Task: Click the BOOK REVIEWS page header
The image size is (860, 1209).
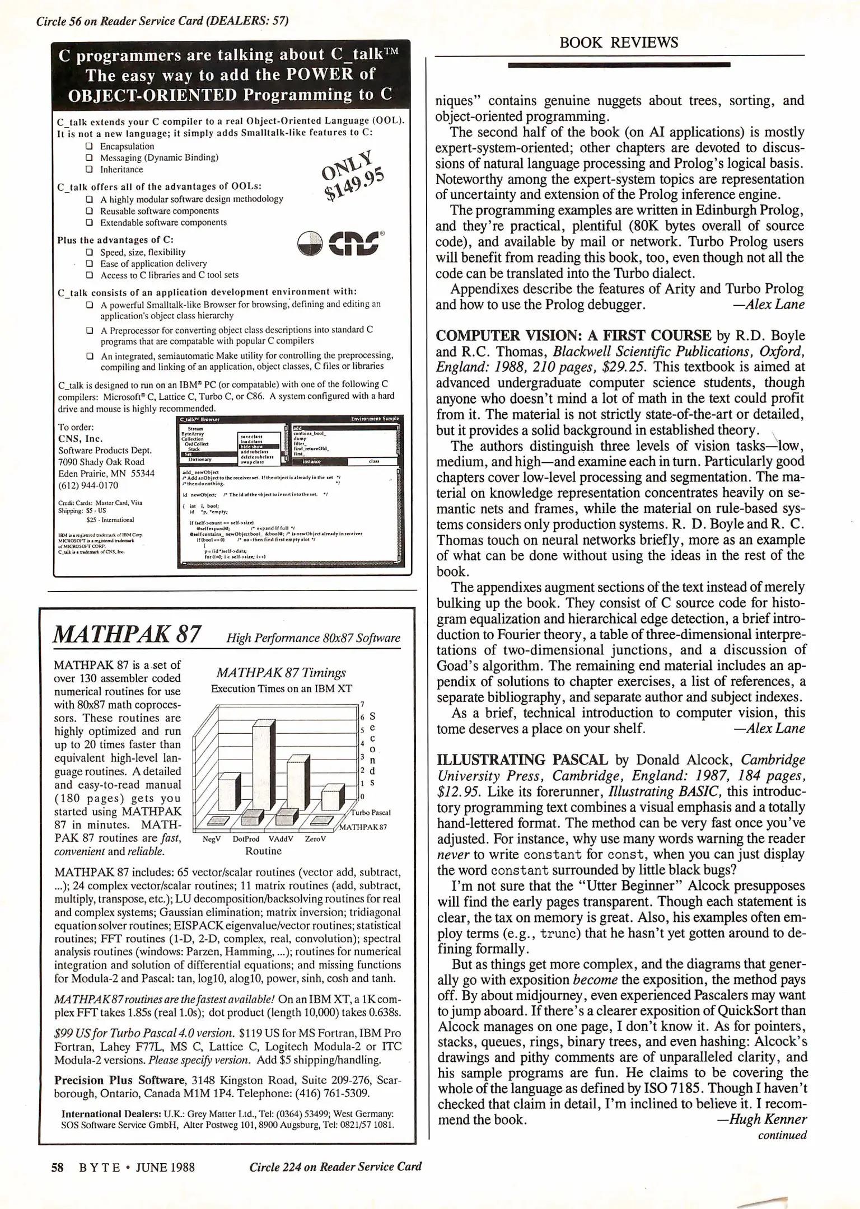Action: pos(619,43)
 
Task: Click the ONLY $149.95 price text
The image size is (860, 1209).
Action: pos(353,175)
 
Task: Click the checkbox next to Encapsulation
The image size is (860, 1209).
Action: pos(89,146)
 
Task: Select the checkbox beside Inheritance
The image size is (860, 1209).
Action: pos(89,169)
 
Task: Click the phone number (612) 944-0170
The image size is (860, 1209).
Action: pos(88,485)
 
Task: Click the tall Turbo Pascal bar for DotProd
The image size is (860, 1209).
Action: pos(263,767)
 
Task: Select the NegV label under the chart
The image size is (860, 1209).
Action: pos(212,839)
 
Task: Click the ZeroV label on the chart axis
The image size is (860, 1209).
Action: pos(315,839)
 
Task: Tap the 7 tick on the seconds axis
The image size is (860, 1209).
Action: pos(362,704)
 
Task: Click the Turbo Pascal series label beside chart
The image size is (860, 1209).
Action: pos(371,812)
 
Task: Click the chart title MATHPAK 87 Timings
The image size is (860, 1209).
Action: pos(281,672)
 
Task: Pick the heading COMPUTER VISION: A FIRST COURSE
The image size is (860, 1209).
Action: pos(573,336)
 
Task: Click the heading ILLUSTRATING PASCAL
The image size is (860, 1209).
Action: pos(522,760)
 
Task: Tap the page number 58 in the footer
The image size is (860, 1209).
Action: pos(57,1167)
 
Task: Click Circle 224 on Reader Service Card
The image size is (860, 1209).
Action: pos(335,1166)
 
